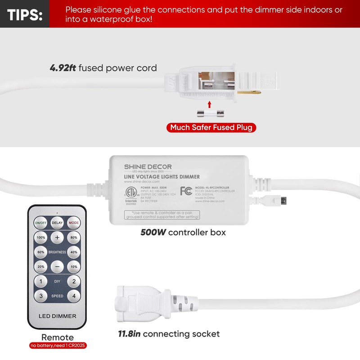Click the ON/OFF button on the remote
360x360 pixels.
(x=40, y=222)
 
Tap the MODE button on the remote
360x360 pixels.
(x=74, y=222)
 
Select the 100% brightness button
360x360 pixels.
(x=40, y=237)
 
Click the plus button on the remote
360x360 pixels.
(x=57, y=237)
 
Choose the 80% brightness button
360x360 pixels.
(x=74, y=237)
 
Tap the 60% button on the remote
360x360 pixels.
(x=40, y=252)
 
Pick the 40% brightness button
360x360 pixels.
(x=74, y=252)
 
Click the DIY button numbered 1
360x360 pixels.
(x=40, y=282)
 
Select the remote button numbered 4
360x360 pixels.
(x=74, y=296)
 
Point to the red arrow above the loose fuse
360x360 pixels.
(x=209, y=104)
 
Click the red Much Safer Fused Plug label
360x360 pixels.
(x=211, y=127)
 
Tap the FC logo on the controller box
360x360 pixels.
(x=186, y=191)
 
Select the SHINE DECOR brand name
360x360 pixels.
(x=148, y=167)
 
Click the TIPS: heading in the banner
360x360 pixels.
(x=25, y=14)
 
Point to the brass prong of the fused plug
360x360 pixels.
(x=249, y=92)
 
